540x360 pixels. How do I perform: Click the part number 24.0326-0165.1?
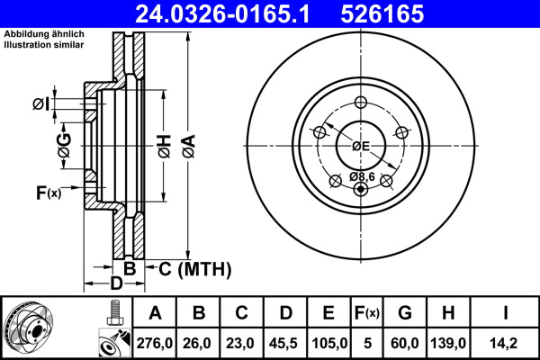(229, 13)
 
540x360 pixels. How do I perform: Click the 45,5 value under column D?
(285, 343)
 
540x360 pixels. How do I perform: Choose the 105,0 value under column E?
(328, 343)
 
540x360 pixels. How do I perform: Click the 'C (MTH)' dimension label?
(194, 268)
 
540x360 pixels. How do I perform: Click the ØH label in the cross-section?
(163, 144)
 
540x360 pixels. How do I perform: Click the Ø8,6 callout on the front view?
(362, 176)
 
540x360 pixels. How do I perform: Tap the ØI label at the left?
(40, 104)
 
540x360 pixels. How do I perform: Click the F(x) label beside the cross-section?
(48, 192)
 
